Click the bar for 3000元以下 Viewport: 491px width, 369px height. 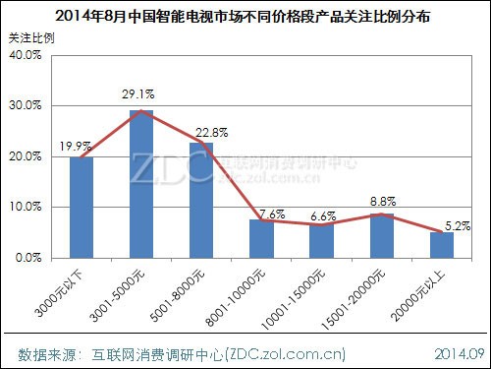tap(82, 208)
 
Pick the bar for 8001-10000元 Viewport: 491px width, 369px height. tap(261, 238)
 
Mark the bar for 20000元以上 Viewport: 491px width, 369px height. tap(441, 244)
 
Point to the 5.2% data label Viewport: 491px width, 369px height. tap(456, 225)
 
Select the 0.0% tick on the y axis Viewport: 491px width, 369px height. tap(27, 258)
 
